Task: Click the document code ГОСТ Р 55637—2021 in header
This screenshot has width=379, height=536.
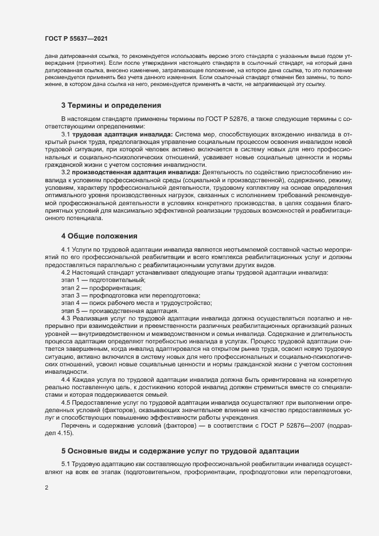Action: click(x=76, y=38)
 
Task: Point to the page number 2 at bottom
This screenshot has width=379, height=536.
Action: click(x=46, y=488)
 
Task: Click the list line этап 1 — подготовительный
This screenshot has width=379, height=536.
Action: click(x=103, y=280)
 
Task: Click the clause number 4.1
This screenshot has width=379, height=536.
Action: click(x=65, y=250)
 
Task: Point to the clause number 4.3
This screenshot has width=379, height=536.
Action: click(x=65, y=318)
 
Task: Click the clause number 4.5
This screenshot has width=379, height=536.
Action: click(x=65, y=402)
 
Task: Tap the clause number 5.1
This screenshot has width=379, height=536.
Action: click(x=65, y=463)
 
